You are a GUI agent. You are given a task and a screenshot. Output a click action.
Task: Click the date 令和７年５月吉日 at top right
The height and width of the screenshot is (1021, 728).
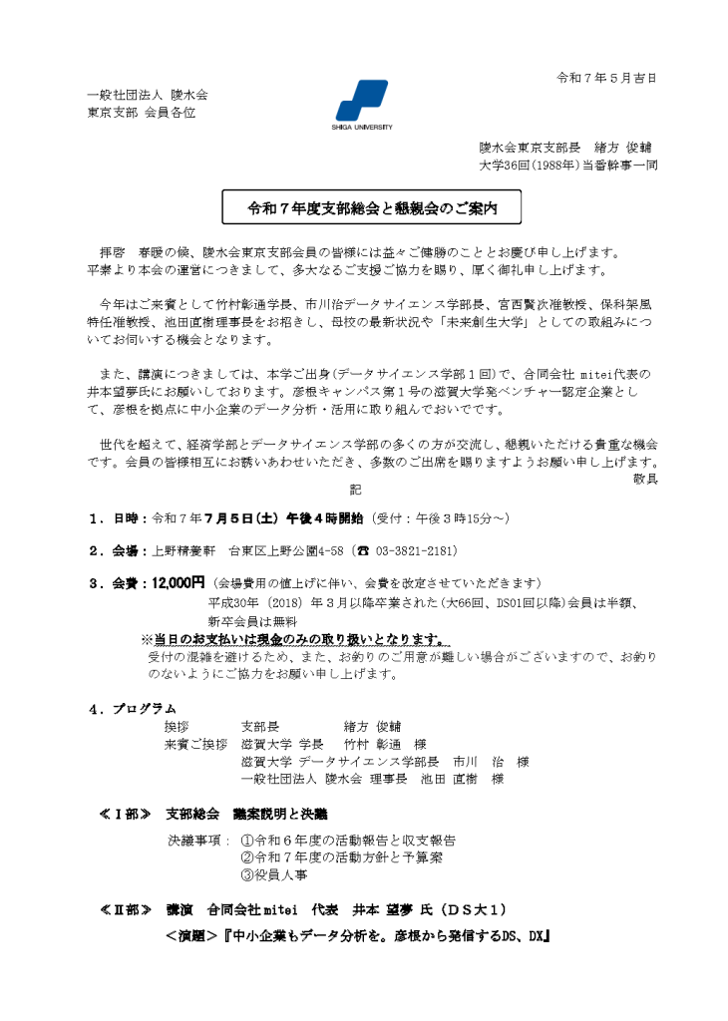605,78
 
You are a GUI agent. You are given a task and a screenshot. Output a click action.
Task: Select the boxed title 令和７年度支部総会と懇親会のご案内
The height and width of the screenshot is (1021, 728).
372,209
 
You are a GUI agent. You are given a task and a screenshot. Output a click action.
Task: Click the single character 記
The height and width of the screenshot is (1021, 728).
355,489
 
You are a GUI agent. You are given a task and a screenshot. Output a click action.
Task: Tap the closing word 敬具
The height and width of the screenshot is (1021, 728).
645,479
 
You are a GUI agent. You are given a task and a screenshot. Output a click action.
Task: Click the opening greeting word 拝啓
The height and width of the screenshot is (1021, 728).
112,252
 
